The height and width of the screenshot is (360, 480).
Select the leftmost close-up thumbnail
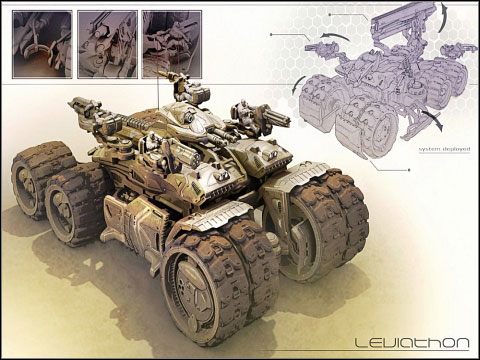(x=41, y=44)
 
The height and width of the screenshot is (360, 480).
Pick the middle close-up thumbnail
(x=106, y=44)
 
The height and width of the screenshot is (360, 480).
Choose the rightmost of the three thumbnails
(x=171, y=44)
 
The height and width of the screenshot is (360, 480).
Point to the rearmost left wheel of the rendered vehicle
(x=40, y=180)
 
